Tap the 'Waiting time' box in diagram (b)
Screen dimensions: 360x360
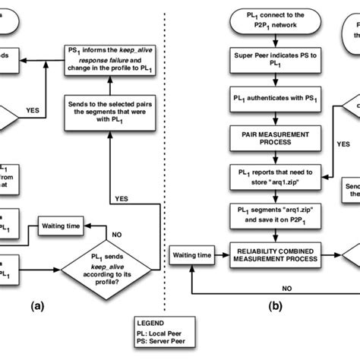[x=194, y=256]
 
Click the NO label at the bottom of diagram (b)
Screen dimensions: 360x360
[x=286, y=289]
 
